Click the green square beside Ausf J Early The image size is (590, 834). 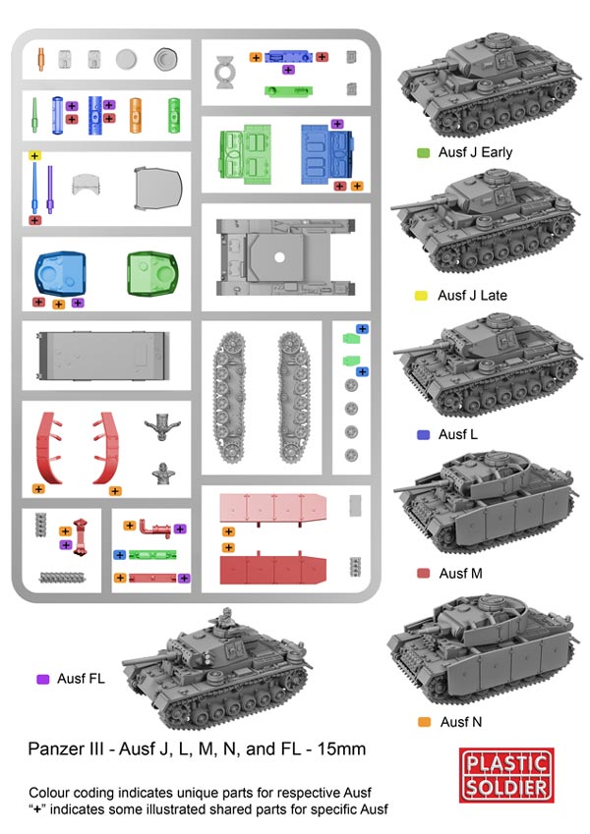pos(423,153)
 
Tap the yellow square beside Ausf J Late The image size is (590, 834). pos(423,295)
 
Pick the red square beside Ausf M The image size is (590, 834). pos(423,573)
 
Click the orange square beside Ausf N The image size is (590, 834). pos(424,723)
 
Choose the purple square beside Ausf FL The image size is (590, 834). pos(42,679)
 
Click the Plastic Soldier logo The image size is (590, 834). pos(506,774)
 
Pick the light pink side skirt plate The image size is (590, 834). pos(272,510)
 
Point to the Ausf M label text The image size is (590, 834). pos(460,573)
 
